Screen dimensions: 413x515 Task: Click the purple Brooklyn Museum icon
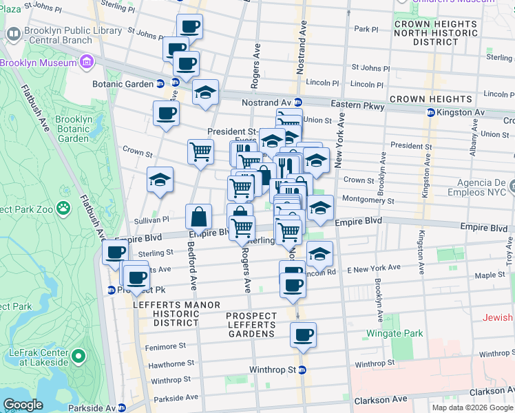pos(87,63)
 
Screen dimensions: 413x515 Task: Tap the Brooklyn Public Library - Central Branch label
pos(58,36)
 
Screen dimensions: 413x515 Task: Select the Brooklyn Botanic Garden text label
pos(74,129)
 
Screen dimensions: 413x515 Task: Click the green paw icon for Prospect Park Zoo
pos(63,206)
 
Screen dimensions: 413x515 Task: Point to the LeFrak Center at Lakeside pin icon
pos(78,357)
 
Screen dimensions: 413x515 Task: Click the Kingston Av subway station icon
pos(431,112)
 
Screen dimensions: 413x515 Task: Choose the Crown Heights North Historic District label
pos(436,33)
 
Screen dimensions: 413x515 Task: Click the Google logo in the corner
pos(23,404)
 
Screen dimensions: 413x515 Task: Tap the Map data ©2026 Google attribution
pos(472,407)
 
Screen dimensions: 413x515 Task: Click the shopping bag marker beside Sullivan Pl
pos(198,218)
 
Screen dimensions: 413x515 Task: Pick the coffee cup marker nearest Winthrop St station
pos(303,335)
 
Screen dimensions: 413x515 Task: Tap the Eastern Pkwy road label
pos(356,104)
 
